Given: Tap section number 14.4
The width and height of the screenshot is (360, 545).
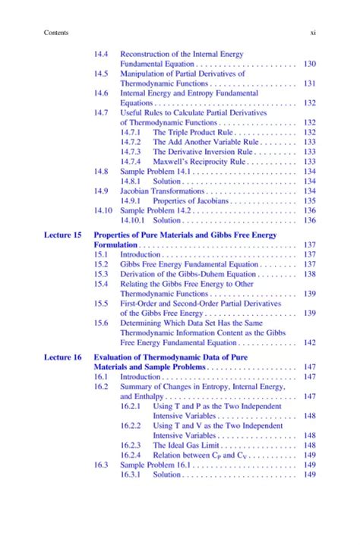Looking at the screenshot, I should click(101, 55).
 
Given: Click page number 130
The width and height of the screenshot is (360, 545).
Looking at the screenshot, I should click(309, 65).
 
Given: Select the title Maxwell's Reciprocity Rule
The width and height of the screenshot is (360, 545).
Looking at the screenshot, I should click(199, 162).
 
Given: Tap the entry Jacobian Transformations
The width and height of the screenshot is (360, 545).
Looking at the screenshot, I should click(166, 191).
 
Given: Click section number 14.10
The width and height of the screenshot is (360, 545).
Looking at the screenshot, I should click(103, 210).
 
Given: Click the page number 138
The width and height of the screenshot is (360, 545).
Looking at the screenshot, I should click(309, 274).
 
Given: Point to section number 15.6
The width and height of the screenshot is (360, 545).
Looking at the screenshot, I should click(101, 323).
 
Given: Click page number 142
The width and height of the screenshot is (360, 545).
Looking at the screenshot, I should click(309, 342).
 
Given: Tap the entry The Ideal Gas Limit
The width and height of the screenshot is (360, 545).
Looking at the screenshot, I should click(188, 446).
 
